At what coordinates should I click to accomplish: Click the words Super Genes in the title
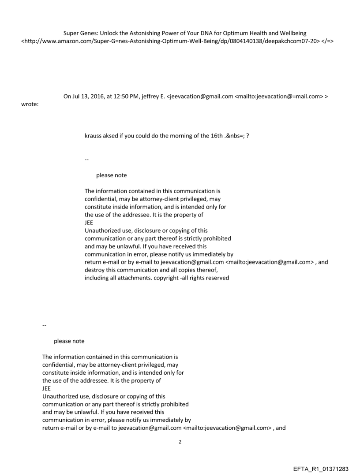click(x=79, y=34)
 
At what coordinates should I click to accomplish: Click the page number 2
click(x=180, y=442)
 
